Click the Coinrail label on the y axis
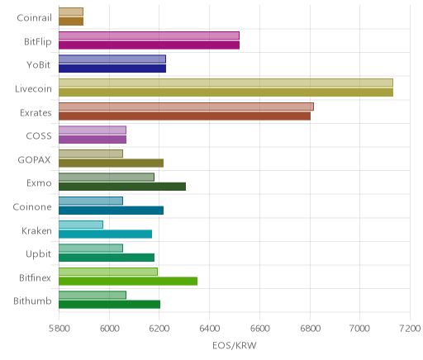point(34,18)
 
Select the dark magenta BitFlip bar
point(149,45)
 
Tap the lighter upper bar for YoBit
point(112,59)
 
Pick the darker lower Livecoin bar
point(226,92)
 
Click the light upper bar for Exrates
point(186,107)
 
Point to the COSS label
point(39,136)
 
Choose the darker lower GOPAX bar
point(111,163)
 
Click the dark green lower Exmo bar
point(122,187)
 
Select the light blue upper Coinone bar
point(91,201)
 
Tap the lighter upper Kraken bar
point(81,225)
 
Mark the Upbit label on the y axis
point(38,254)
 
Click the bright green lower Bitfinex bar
point(128,282)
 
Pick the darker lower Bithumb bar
point(109,305)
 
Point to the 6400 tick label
point(209,329)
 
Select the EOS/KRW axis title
point(235,345)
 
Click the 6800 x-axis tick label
point(310,329)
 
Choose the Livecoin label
point(33,89)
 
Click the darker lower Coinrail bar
point(71,21)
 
